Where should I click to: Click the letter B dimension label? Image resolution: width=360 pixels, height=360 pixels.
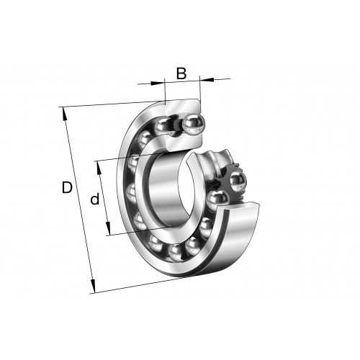pos(181,73)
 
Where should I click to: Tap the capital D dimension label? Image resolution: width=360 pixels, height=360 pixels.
pos(67,187)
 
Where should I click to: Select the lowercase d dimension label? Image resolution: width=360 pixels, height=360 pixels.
pos(95,199)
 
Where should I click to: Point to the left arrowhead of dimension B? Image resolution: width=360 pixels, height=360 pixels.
pos(158,84)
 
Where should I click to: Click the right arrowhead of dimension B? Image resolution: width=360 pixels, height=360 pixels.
pos(207,79)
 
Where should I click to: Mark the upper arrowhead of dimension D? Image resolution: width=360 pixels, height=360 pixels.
pos(65,114)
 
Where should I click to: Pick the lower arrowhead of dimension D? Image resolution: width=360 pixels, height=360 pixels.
pos(93,286)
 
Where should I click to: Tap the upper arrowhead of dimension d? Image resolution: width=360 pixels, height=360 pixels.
pos(99,168)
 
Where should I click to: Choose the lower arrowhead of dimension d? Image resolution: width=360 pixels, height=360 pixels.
pos(108,228)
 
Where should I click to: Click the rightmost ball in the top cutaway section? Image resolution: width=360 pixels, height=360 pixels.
pos(194,125)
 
